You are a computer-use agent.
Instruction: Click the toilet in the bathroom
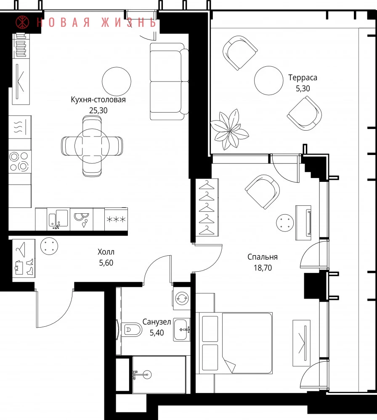coord(131,330)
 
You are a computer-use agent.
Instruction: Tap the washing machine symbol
coord(182,298)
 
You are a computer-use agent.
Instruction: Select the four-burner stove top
coord(20,162)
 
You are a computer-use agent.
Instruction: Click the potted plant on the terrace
coord(229,130)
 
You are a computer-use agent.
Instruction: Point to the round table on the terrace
coord(268,80)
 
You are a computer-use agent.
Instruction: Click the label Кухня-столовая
coord(98,100)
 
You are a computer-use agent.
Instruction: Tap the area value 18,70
coord(263,268)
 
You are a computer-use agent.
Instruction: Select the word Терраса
coord(303,78)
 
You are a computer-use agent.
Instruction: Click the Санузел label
coord(157,322)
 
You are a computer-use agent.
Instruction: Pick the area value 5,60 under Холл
coord(106,263)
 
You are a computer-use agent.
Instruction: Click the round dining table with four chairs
coord(92,146)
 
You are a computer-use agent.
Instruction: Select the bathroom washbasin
coord(182,329)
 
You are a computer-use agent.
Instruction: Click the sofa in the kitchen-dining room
coord(169,81)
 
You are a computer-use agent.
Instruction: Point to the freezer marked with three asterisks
coord(116,219)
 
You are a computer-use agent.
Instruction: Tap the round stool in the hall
coord(49,246)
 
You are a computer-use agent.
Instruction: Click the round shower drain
coord(147,375)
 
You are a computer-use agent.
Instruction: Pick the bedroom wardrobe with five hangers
coord(207,207)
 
